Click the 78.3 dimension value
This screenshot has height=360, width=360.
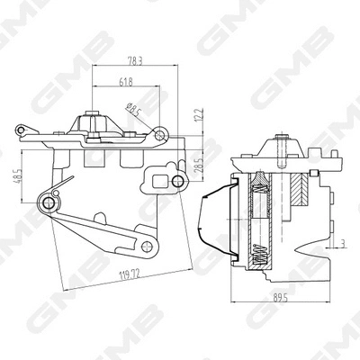(x=133, y=60)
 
